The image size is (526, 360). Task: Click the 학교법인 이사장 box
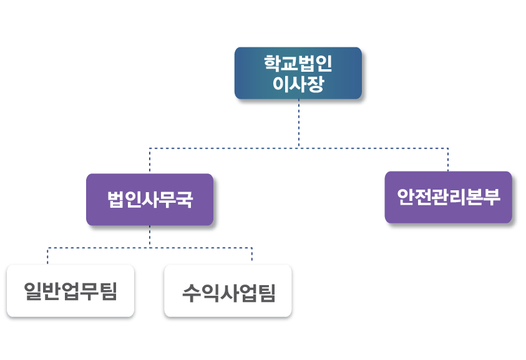pos(298,73)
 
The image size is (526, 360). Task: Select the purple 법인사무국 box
pos(150,200)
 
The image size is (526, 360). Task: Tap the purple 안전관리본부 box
pos(448,197)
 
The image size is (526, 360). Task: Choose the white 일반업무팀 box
pos(71,291)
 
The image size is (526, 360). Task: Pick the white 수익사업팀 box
pos(228,291)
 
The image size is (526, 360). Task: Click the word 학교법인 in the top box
pos(298,64)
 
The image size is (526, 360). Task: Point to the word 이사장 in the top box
pos(298,84)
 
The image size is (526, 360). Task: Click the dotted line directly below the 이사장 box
pos(299,122)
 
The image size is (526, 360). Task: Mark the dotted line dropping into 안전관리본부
pos(448,160)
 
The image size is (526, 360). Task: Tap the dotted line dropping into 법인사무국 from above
pos(150,161)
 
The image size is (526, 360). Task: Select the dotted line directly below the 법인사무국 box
pos(150,236)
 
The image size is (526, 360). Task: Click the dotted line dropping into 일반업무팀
pos(48,256)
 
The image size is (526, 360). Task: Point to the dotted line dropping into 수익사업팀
pos(251,256)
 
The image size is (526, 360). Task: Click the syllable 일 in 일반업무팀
pos(33,291)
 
